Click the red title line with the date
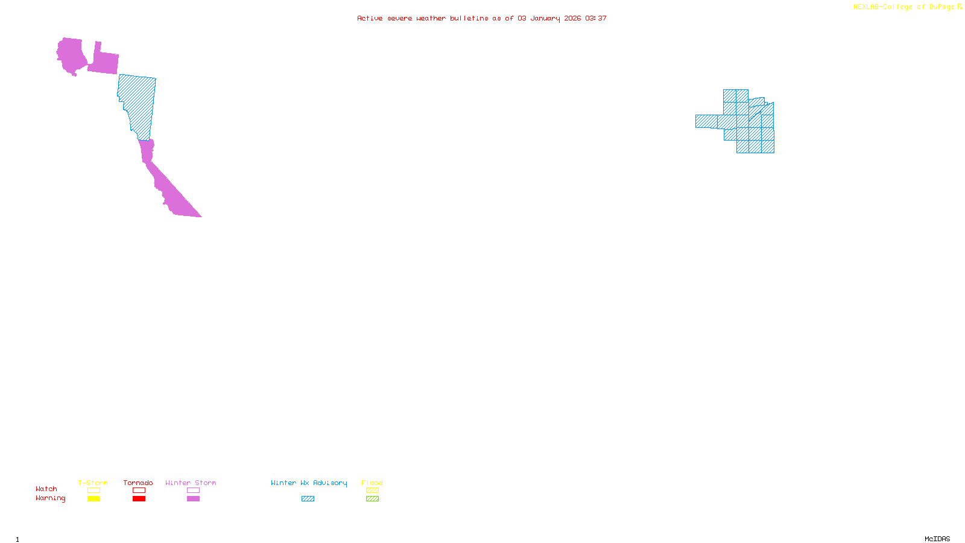(481, 18)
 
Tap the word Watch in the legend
(46, 489)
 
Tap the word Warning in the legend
(50, 498)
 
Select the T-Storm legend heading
(93, 483)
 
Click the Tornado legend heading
(138, 483)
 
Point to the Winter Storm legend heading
(191, 483)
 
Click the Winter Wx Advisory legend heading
(309, 483)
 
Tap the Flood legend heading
(372, 483)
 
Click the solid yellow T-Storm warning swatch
(93, 499)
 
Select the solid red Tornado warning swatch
(139, 499)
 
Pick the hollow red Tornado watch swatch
(139, 491)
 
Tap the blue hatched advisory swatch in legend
(308, 499)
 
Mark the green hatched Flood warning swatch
(372, 499)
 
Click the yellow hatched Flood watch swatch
(372, 491)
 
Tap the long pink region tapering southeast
(169, 187)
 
